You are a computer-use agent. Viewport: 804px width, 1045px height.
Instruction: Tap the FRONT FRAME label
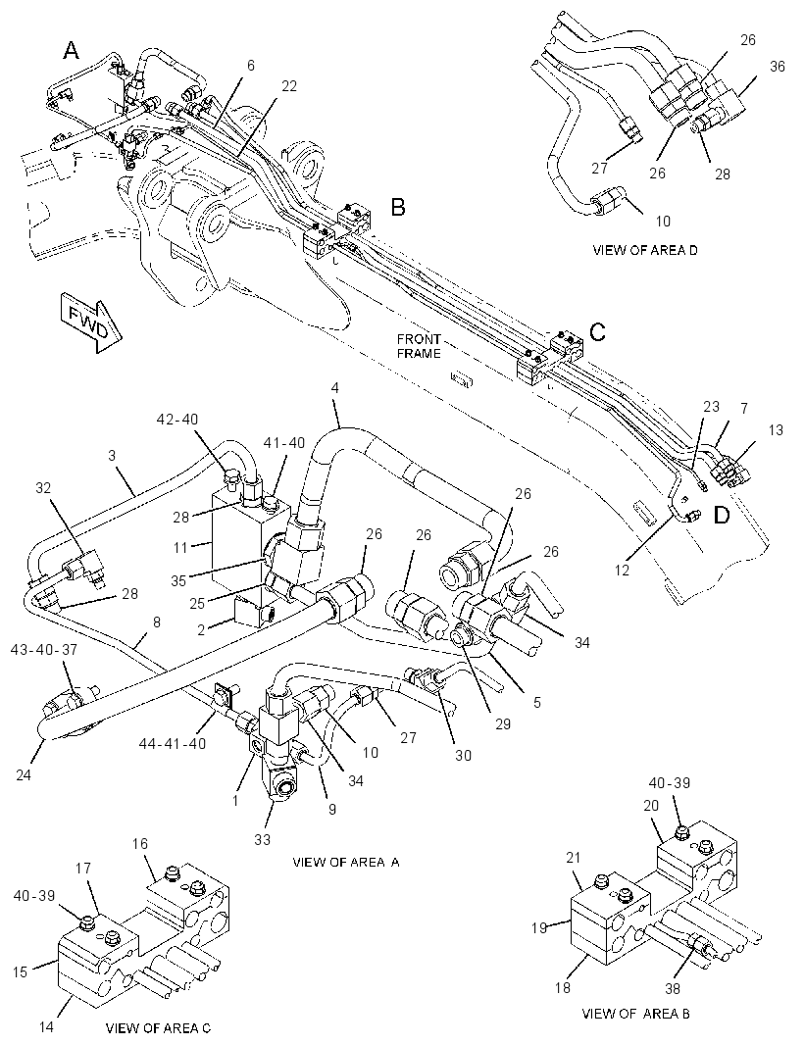pos(419,346)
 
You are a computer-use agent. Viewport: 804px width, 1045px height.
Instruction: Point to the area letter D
pos(722,516)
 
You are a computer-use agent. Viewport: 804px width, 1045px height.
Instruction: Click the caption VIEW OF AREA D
pos(644,250)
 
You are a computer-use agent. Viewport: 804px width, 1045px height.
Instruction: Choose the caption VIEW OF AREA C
pos(158,1027)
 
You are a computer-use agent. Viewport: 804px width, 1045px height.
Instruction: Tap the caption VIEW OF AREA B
pos(635,1014)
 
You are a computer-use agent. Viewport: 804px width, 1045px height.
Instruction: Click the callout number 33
pos(263,839)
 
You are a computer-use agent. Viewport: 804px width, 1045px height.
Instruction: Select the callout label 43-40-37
pos(43,649)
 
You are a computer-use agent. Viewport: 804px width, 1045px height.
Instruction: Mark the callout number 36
pos(778,66)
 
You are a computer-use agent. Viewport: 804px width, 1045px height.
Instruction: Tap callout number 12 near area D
pos(622,570)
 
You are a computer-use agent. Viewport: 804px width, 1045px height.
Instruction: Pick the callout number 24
pos(24,774)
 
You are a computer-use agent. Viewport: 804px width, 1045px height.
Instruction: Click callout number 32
pos(43,487)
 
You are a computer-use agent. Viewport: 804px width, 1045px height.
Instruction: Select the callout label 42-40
pos(176,420)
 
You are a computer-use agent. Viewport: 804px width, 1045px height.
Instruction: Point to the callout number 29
pos(503,723)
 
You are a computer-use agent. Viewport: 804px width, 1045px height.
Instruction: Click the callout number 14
pos(45,1027)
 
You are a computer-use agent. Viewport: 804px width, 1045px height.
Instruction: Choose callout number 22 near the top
pos(288,86)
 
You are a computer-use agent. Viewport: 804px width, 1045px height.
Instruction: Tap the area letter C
pos(598,332)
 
